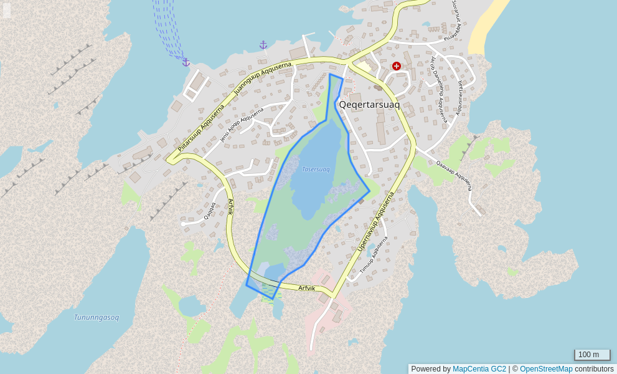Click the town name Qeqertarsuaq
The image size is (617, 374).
coord(369,105)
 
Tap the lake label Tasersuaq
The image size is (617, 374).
coord(316,169)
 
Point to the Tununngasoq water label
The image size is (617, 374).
coord(96,317)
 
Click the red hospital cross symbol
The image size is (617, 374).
coord(396,66)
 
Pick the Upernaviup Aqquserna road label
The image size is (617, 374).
coord(376,222)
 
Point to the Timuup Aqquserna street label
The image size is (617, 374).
coord(374,255)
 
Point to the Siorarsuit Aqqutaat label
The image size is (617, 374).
coord(458,17)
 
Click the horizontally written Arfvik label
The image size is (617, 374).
coord(307,288)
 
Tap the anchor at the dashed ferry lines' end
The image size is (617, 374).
coord(186,62)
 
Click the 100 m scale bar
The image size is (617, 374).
coord(591,355)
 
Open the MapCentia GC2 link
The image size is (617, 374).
coord(479,369)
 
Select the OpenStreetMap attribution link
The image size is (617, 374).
coord(546,369)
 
